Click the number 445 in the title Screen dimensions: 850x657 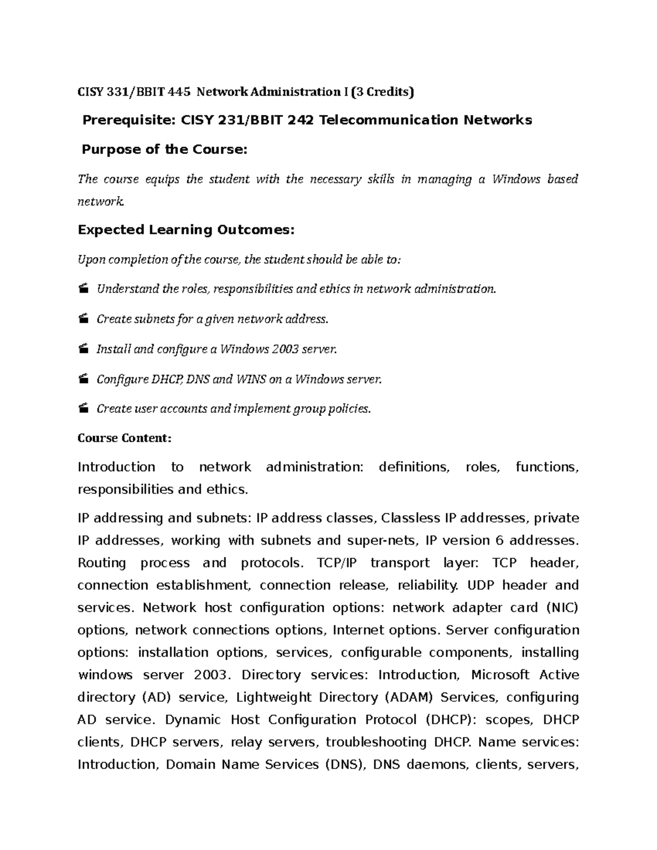(x=180, y=92)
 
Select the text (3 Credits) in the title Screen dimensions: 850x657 (x=383, y=92)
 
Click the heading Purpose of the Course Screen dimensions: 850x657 (x=164, y=149)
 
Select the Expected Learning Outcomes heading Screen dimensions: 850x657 (x=186, y=230)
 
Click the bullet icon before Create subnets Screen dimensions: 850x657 (x=83, y=319)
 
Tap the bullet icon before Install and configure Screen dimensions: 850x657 (x=83, y=349)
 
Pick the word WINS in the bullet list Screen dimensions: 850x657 (x=251, y=379)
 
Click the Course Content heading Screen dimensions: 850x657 (x=125, y=438)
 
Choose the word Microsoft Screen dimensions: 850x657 (x=500, y=675)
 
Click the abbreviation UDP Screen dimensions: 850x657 (x=481, y=585)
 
